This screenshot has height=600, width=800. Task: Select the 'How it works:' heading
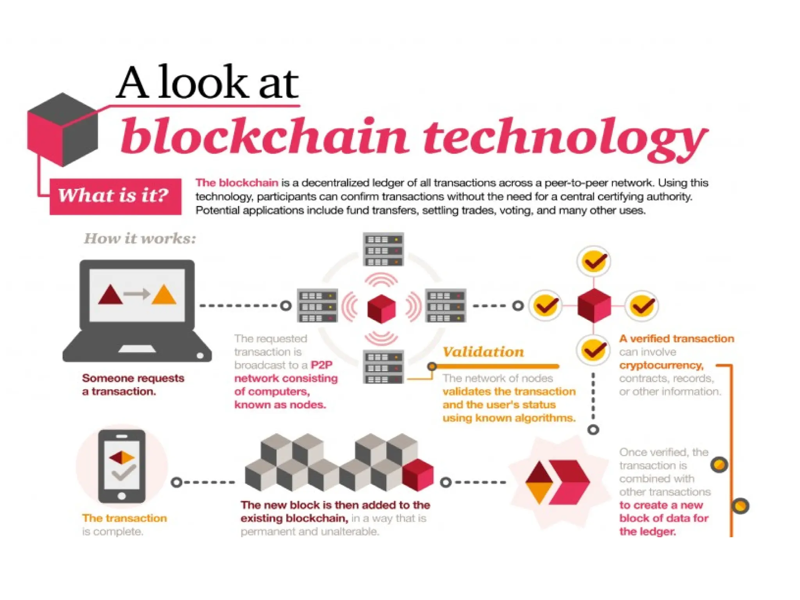[140, 238]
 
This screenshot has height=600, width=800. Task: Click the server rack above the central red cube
[383, 250]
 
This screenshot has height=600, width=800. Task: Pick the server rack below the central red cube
[383, 367]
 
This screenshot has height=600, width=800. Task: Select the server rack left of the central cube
[317, 305]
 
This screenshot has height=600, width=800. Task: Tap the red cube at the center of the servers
[382, 309]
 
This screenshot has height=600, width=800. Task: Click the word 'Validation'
[483, 352]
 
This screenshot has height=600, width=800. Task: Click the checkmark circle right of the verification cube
[642, 306]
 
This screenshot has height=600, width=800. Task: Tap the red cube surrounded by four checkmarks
[594, 306]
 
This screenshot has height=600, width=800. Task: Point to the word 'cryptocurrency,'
[661, 365]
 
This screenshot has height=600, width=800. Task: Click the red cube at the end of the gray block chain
[418, 475]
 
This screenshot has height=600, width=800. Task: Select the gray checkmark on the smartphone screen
[123, 473]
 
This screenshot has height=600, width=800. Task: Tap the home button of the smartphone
[122, 496]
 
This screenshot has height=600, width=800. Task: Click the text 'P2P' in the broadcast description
[321, 365]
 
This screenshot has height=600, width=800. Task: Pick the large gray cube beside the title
[62, 130]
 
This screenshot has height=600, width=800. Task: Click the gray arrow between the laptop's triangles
[137, 294]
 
